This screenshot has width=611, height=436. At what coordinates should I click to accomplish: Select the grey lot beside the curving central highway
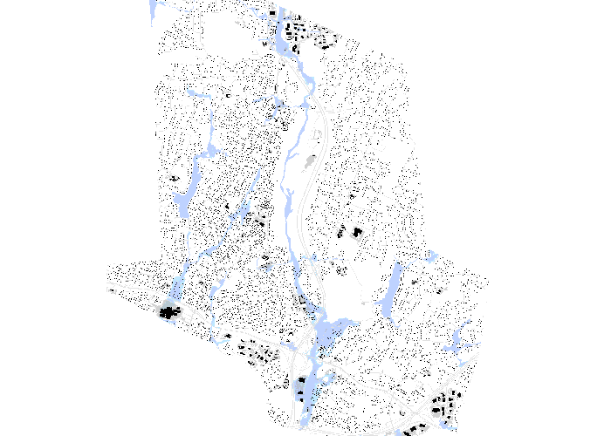tap(310, 162)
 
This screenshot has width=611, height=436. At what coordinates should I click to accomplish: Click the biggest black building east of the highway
tap(356, 231)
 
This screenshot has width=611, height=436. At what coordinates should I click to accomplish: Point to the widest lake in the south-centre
tap(329, 331)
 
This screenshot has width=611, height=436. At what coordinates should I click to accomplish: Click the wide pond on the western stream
tap(182, 202)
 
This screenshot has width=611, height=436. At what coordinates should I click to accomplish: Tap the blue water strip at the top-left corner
tap(154, 10)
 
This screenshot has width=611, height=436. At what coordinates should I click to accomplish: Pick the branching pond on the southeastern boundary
tap(460, 342)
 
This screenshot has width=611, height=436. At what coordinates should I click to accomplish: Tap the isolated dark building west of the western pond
tap(173, 178)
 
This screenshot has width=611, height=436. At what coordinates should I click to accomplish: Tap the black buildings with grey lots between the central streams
tap(256, 217)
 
